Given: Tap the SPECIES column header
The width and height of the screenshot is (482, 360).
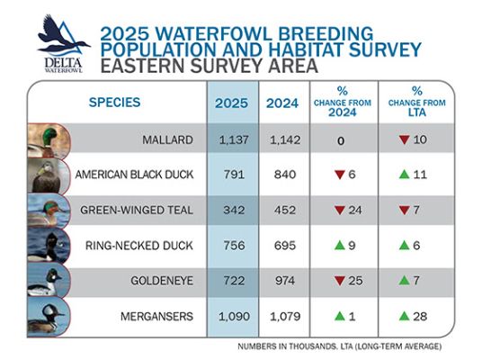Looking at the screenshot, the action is (x=115, y=103).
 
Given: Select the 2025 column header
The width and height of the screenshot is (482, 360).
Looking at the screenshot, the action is (x=231, y=103).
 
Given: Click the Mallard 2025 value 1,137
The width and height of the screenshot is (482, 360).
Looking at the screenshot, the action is (x=234, y=140).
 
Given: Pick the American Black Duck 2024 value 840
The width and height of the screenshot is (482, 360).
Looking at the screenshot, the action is (x=285, y=175).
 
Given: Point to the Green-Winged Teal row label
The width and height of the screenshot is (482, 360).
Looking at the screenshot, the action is (x=137, y=210).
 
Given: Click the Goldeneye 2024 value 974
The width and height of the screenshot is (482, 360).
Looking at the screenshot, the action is (x=285, y=281).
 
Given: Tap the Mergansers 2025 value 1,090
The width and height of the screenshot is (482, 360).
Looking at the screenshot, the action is (x=234, y=316).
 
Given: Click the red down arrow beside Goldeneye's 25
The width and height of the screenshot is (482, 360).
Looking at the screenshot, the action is (x=340, y=281).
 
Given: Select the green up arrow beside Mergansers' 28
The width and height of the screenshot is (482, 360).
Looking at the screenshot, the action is (x=405, y=316).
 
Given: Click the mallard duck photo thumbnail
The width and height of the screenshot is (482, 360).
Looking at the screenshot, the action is (x=49, y=140).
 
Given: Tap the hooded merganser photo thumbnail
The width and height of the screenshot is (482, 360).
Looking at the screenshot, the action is (x=49, y=317).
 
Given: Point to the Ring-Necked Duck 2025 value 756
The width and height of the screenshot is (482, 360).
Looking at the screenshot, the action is (x=234, y=245).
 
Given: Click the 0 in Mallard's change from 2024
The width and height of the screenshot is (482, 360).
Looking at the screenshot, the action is (x=341, y=140).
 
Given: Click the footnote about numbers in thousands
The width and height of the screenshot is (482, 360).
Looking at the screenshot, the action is (x=339, y=346).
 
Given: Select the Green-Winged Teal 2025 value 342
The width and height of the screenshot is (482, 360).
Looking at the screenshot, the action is (x=234, y=210).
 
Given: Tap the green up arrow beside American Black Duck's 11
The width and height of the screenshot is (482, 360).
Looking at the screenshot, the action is (x=405, y=175).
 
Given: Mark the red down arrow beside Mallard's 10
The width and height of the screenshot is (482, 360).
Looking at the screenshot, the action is (x=405, y=140).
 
